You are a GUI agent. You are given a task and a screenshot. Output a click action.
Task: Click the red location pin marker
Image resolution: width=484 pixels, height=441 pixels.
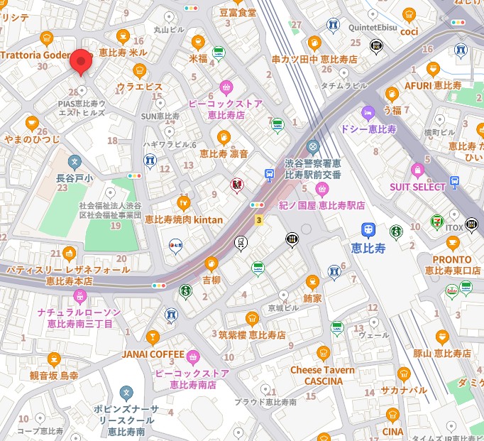(80, 62)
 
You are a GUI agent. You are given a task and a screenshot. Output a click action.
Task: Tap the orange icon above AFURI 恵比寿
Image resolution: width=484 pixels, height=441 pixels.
(433, 69)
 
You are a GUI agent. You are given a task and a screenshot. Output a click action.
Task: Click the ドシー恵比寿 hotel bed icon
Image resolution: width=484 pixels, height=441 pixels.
(367, 113)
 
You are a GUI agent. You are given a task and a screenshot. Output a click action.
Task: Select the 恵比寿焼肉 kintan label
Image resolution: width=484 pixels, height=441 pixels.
(184, 219)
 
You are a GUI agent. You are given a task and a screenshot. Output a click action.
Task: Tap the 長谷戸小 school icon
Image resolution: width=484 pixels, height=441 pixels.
(75, 163)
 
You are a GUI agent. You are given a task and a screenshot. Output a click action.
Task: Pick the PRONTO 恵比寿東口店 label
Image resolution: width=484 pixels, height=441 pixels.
(452, 265)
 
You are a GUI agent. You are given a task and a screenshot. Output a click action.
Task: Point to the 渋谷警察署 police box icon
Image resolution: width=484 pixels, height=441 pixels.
(313, 147)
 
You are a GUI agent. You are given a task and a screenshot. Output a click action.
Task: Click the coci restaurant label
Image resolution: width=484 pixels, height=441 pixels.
(409, 31)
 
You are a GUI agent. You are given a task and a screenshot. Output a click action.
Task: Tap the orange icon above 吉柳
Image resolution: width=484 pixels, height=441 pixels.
(211, 264)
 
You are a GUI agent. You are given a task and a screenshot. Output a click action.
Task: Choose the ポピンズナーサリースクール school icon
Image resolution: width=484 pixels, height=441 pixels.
(126, 392)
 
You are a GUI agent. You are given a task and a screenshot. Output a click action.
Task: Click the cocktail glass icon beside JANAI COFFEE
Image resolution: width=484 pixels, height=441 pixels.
(151, 337)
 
